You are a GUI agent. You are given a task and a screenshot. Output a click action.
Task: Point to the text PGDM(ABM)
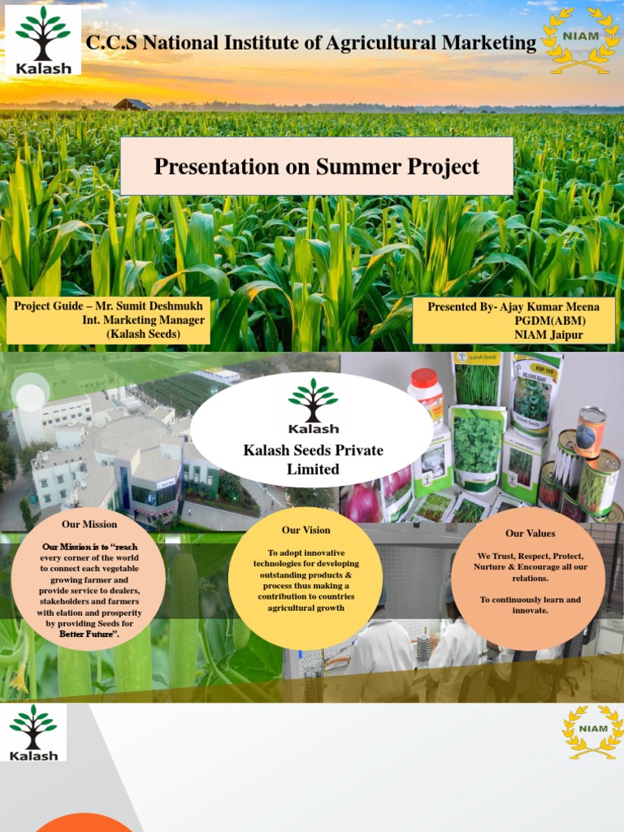tap(548, 321)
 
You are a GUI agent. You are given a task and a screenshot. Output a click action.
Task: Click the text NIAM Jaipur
tap(548, 335)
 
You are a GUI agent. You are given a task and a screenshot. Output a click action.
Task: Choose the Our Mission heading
tap(89, 524)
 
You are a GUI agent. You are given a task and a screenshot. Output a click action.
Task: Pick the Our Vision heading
tap(306, 531)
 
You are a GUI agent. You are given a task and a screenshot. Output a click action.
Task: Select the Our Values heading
tap(531, 534)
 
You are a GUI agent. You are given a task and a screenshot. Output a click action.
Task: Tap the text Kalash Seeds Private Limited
tap(313, 460)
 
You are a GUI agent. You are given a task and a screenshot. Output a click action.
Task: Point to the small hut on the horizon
tap(132, 104)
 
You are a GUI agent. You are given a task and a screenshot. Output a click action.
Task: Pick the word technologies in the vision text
tap(281, 564)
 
